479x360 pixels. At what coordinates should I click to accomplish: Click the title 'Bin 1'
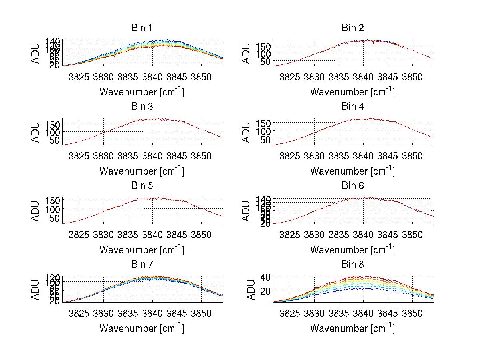[x=141, y=28]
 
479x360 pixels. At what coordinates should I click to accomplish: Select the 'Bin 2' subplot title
[x=352, y=28]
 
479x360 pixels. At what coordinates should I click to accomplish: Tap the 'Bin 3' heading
[x=141, y=107]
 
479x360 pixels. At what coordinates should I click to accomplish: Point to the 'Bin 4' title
[x=352, y=107]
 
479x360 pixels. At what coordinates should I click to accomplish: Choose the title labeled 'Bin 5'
[x=141, y=186]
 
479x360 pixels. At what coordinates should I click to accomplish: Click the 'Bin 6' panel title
[x=352, y=186]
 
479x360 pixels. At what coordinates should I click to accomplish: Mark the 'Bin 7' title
[x=141, y=265]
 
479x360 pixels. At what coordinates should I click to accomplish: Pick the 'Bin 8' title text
[x=352, y=265]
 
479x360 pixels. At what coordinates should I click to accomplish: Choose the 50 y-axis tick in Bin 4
[x=266, y=140]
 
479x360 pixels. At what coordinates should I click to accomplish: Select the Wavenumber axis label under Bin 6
[x=352, y=250]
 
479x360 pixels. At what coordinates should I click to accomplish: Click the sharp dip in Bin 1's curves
[x=115, y=55]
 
